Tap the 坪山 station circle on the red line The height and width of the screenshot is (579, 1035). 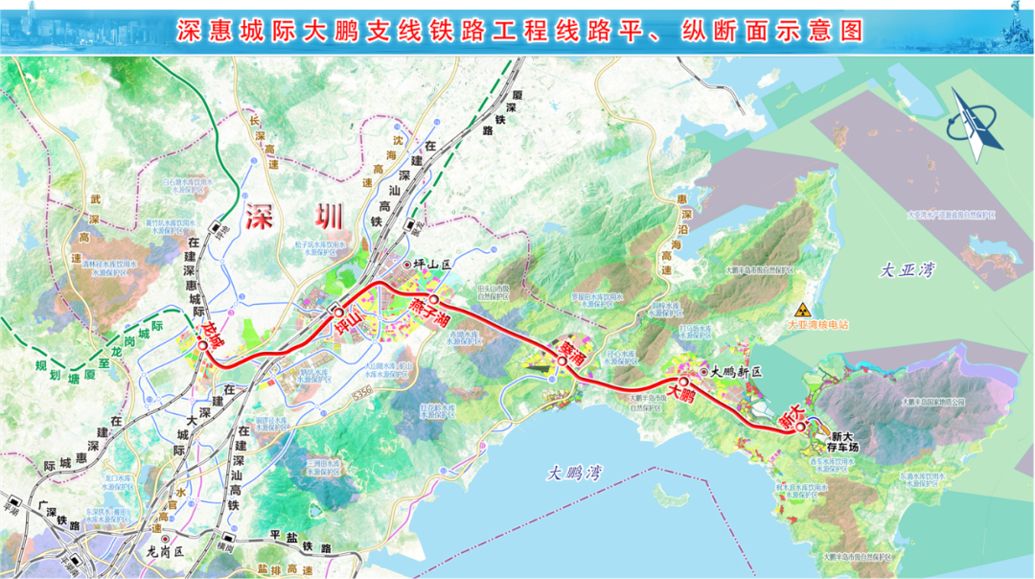point(337,311)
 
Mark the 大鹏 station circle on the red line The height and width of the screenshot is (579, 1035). point(684,382)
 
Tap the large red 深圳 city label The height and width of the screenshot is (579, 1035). point(293,217)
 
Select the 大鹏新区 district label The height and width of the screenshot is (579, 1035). point(734,371)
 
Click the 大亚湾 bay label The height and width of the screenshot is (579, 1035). point(907,271)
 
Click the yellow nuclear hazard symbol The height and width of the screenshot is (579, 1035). point(803,310)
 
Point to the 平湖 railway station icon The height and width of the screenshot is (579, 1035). point(12,505)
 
